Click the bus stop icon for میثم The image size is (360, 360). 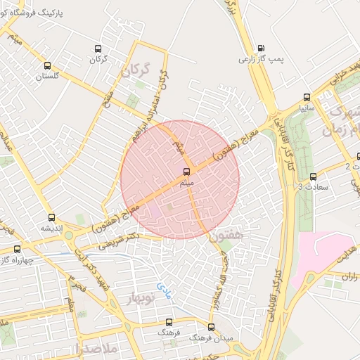[187, 171]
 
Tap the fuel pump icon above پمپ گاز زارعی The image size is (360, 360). [262, 48]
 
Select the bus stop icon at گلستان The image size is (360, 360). [48, 63]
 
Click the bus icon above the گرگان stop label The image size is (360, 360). [98, 49]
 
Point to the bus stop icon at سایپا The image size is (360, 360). [306, 97]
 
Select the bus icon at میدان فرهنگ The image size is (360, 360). [211, 327]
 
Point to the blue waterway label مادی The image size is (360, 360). [164, 287]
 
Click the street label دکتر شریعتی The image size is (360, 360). [123, 242]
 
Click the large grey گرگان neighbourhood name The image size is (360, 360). [136, 70]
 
